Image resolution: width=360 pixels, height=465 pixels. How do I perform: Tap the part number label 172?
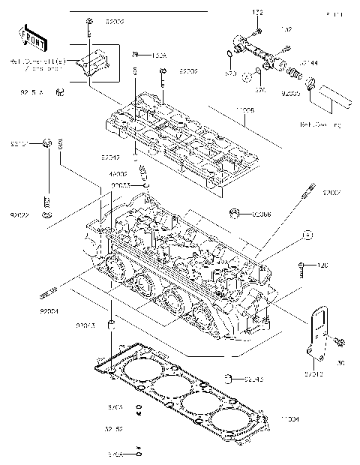pyautogui.click(x=258, y=13)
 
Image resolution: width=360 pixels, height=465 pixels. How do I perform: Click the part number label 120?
pyautogui.click(x=324, y=265)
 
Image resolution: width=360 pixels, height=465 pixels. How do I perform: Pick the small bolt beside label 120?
pyautogui.click(x=303, y=265)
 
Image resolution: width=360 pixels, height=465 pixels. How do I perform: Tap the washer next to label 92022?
pyautogui.click(x=47, y=216)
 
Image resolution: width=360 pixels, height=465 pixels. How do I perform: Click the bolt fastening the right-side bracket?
pyautogui.click(x=340, y=343)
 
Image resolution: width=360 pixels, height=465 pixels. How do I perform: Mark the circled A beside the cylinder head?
pyautogui.click(x=307, y=235)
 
